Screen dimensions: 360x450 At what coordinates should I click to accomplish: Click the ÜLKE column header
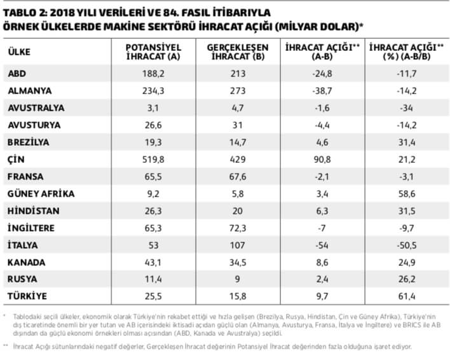click(x=18, y=52)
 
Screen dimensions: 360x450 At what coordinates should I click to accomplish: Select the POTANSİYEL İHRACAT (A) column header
click(x=153, y=52)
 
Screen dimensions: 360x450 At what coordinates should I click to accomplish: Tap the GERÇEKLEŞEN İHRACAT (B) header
click(x=237, y=52)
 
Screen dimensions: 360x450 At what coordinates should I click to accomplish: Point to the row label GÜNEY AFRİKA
click(x=41, y=193)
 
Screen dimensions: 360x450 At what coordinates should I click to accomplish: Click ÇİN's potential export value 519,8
click(x=154, y=159)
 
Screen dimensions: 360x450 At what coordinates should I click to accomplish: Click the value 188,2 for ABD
click(x=154, y=73)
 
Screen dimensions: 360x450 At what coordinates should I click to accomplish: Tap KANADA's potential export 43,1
click(x=154, y=262)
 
